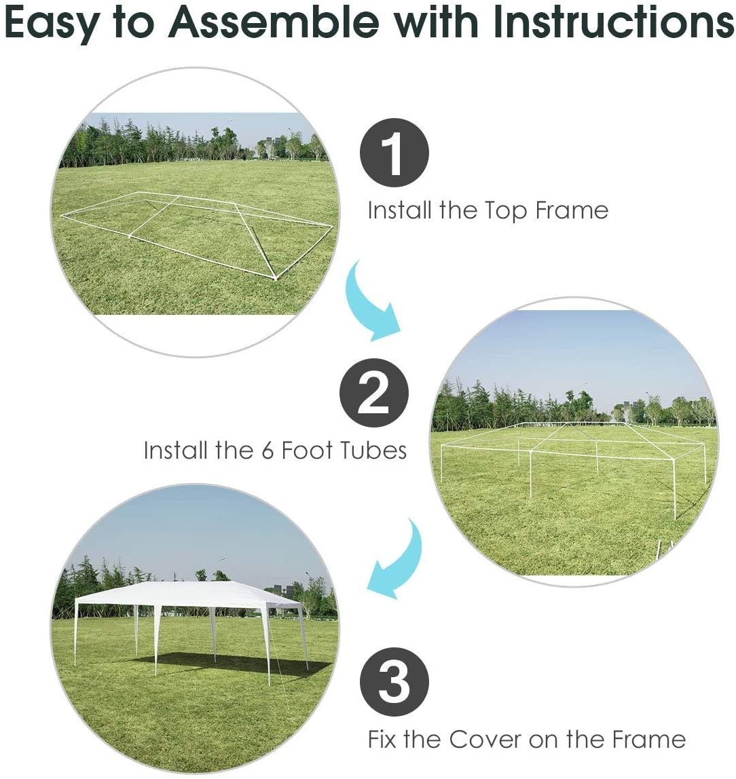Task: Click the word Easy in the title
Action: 52,23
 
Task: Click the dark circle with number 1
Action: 394,152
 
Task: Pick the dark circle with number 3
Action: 394,681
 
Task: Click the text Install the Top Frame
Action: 487,210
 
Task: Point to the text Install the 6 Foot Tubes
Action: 275,450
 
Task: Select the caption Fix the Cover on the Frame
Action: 526,739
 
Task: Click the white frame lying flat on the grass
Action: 197,231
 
